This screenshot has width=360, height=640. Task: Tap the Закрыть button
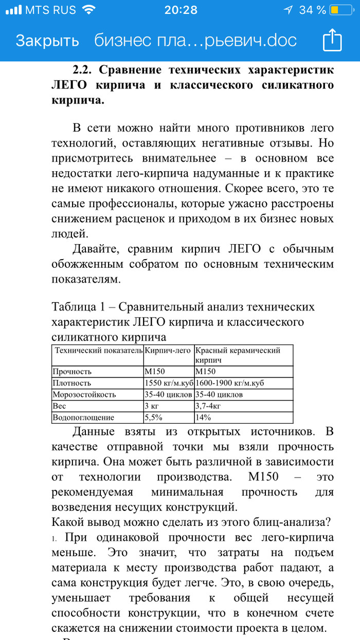coord(47,41)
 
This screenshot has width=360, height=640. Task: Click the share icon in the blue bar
coord(332,40)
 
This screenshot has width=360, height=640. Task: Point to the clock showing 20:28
coord(181,10)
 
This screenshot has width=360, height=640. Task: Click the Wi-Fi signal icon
coord(88,10)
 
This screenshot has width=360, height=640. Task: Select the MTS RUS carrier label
coord(50,10)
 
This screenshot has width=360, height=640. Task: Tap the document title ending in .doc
coord(195,41)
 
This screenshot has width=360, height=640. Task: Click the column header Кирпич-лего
coord(168,351)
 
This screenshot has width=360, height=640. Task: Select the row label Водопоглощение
coord(83,417)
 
